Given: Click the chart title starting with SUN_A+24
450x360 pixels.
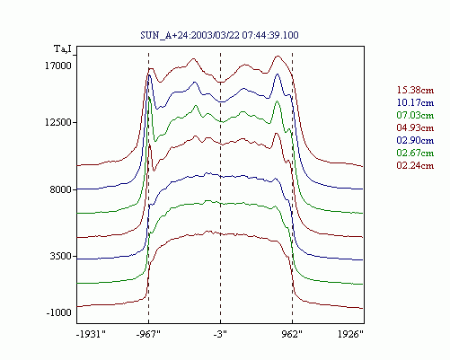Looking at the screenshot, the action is tap(219, 35).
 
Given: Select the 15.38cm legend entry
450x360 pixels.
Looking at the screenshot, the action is tap(415, 90).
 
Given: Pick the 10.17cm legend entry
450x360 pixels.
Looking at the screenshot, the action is tap(415, 102).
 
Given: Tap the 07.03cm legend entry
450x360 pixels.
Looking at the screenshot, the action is tap(415, 115).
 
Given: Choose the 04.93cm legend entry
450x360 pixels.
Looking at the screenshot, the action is tap(415, 127).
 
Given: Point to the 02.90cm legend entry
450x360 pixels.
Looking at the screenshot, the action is tap(415, 140).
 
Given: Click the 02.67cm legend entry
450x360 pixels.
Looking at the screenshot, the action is tap(415, 153).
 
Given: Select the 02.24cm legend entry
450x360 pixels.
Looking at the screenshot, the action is tap(415, 165).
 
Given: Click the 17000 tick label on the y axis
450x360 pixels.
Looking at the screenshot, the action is tap(58, 66).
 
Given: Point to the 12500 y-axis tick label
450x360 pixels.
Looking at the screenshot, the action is tap(58, 122).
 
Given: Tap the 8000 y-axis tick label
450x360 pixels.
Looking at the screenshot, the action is tap(61, 189).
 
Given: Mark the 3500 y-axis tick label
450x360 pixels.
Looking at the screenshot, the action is tap(61, 257).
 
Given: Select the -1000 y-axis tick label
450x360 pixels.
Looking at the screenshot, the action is tap(59, 312).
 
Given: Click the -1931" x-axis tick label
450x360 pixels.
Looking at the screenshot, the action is tap(91, 334).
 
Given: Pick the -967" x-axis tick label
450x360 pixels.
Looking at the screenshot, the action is tap(148, 334).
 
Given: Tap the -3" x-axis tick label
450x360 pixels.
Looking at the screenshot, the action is tap(220, 334).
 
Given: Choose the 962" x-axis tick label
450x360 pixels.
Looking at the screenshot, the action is tap(292, 334).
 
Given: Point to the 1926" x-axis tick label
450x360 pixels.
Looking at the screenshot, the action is tap(350, 334).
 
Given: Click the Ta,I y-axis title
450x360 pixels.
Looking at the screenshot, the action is tap(63, 48).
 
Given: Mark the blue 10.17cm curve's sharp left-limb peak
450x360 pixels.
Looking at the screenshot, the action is tap(149, 75).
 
